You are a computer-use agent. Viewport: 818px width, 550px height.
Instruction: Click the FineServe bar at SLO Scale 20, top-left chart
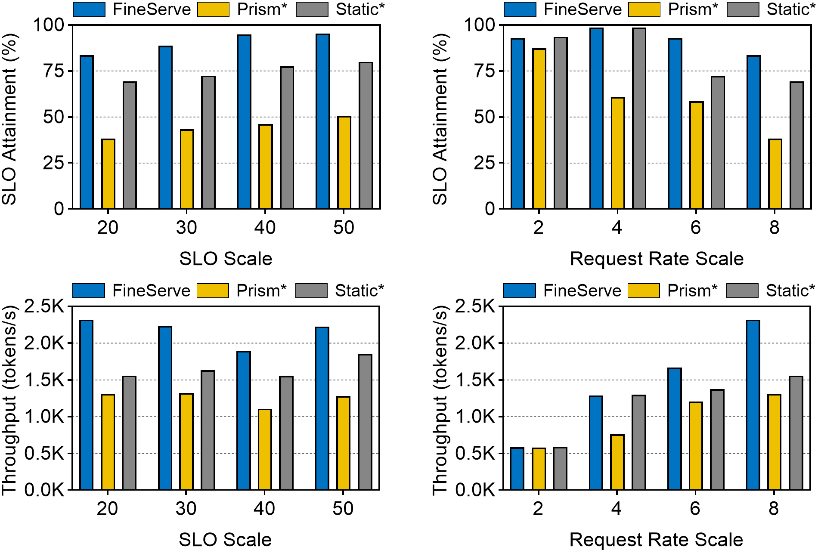point(87,133)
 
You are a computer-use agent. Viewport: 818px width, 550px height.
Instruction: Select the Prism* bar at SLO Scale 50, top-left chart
point(344,163)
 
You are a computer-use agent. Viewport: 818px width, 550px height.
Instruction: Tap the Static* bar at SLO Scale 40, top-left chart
point(287,138)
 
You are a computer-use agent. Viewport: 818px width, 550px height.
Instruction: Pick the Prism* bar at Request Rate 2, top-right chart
point(539,129)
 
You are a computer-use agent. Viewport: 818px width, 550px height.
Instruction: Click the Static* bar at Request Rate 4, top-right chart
point(639,119)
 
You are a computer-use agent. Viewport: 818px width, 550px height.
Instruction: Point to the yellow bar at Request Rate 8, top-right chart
point(775,174)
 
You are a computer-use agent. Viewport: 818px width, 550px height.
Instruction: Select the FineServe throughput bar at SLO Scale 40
point(244,421)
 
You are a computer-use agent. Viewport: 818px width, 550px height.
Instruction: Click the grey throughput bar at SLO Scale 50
point(365,422)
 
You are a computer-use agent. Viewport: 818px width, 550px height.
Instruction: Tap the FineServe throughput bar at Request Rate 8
point(753,405)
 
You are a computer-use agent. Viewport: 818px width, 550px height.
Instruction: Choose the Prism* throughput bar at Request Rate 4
point(617,463)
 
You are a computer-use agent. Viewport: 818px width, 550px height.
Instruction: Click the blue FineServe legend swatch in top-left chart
point(89,9)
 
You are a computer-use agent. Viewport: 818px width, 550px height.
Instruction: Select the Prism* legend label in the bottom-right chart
point(692,291)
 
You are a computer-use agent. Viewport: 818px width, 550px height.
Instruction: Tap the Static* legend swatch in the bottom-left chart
point(311,291)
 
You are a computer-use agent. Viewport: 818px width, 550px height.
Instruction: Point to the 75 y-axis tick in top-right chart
point(484,71)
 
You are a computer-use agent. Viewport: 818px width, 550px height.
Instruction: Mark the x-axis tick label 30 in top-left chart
point(186,228)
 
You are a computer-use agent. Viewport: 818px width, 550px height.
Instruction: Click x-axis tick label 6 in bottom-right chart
point(695,509)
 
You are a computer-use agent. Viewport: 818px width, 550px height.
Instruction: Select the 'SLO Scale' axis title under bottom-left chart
point(225,540)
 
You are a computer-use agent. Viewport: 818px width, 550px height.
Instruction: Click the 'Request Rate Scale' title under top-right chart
point(657,259)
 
